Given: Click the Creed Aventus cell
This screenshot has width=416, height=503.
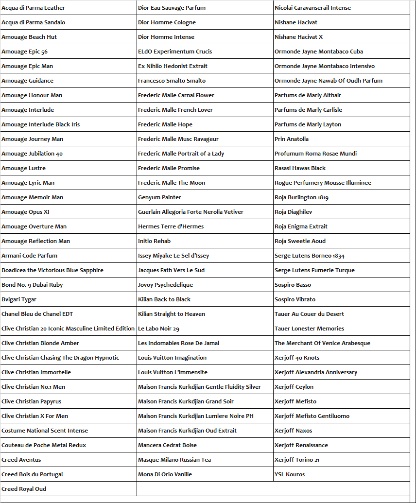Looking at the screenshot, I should [21, 460].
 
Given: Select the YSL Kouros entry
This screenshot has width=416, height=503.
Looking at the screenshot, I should [290, 474].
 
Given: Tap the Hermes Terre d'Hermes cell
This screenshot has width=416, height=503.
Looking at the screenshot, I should [171, 226].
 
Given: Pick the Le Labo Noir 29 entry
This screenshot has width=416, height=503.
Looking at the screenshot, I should [158, 329].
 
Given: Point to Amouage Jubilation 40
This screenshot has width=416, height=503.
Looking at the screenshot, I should [32, 154].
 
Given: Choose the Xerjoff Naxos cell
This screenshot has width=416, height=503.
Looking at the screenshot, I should [293, 431].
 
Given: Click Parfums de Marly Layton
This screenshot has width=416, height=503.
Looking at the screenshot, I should [308, 124].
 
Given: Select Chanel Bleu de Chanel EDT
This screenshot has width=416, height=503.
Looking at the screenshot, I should [37, 314].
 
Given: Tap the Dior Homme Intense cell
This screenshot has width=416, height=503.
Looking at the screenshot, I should [166, 37].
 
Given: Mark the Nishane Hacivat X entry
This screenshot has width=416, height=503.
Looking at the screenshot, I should [298, 37].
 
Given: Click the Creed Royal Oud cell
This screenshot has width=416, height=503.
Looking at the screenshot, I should [24, 489].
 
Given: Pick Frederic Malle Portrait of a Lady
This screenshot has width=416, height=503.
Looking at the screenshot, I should [181, 154].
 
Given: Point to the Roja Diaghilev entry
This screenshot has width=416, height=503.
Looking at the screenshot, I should [293, 212].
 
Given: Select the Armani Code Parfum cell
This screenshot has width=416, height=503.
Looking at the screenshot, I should [29, 256].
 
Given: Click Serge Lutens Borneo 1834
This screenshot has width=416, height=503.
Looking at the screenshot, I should [309, 256].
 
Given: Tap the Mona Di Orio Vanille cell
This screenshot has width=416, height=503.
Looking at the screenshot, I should [165, 474].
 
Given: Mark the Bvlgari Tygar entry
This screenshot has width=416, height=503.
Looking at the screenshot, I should [19, 299].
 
